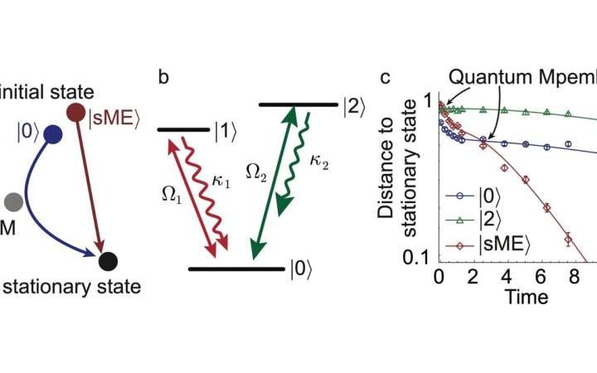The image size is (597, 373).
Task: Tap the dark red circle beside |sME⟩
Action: point(76,112)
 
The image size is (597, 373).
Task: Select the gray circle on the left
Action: point(12,201)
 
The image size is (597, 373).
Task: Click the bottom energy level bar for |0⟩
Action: point(235,269)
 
